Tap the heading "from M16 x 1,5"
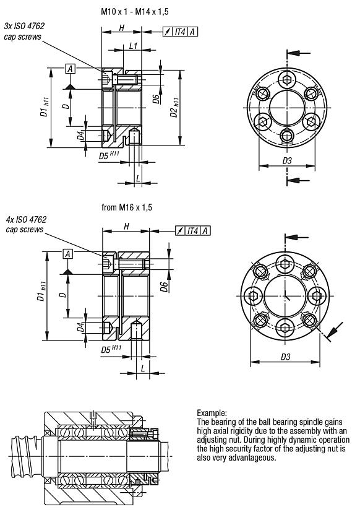click(126, 208)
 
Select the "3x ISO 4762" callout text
click(24, 26)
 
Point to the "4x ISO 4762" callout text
click(25, 219)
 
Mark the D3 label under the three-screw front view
click(286, 160)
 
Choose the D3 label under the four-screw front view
click(285, 357)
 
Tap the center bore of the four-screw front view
click(285, 294)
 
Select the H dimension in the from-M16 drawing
click(126, 227)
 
